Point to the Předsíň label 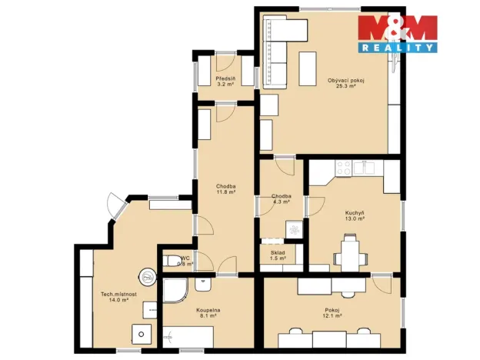(x=225, y=78)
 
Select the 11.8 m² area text (x=225, y=192)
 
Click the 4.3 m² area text (x=281, y=202)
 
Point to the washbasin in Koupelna (x=204, y=284)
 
